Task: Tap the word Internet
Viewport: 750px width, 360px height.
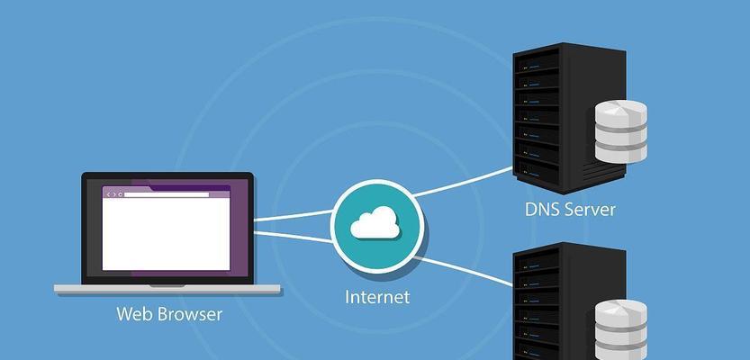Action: click(x=377, y=296)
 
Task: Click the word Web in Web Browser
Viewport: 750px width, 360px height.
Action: click(x=134, y=315)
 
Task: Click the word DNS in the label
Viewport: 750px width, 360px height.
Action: click(x=543, y=210)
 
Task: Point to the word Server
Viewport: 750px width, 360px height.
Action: click(x=591, y=210)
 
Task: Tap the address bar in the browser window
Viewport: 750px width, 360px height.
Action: click(x=166, y=194)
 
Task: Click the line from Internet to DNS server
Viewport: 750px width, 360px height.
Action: click(x=464, y=180)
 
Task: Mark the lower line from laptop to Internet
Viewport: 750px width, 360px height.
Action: click(x=293, y=236)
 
